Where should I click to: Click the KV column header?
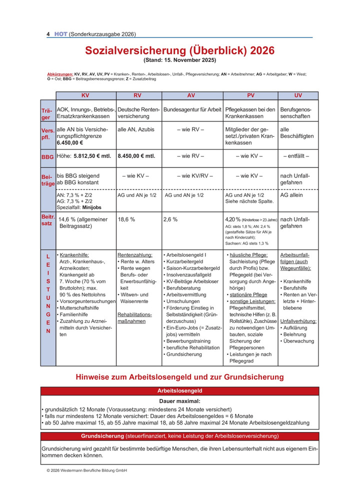click(x=85, y=95)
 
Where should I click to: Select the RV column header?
click(x=138, y=95)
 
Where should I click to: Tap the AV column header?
click(x=191, y=95)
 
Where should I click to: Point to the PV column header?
click(x=251, y=95)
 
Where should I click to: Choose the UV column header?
click(x=298, y=95)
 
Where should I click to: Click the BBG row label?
click(x=47, y=157)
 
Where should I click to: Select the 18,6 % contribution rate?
click(x=126, y=219)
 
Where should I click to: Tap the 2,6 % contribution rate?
click(x=170, y=219)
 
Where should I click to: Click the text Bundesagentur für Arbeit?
click(x=192, y=109)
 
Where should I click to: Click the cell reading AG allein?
click(x=291, y=195)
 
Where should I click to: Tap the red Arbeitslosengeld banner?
click(x=179, y=391)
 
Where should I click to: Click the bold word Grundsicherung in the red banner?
click(x=102, y=435)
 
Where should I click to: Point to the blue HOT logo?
click(x=60, y=34)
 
